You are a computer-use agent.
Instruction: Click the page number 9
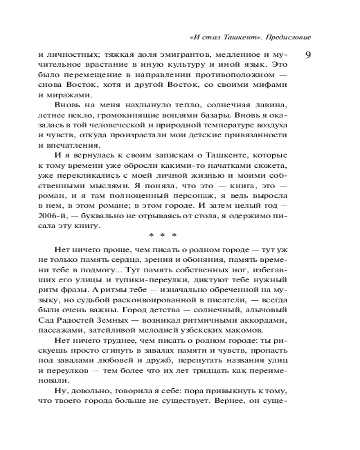pyautogui.click(x=309, y=55)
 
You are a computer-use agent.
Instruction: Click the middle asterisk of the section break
pyautogui.click(x=163, y=234)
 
